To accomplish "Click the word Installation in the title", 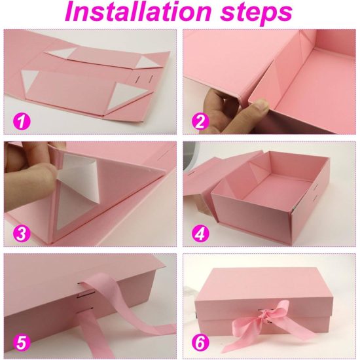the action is click(x=137, y=12).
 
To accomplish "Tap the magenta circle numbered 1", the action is click(x=22, y=121).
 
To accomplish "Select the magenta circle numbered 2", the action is click(x=200, y=121).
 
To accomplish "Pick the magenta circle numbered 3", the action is click(x=22, y=233).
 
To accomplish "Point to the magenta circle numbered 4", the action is click(x=200, y=233).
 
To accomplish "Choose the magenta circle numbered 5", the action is click(x=22, y=343).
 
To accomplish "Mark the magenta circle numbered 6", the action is click(x=200, y=343).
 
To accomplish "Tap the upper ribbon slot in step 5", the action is click(x=81, y=284).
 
